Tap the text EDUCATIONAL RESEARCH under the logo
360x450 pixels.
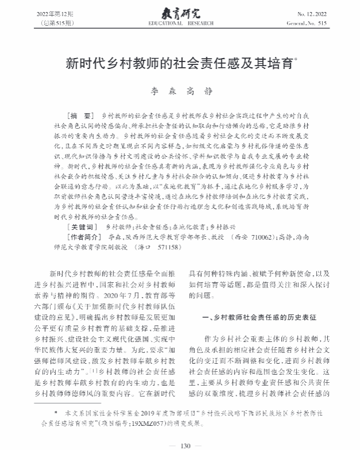click(x=179, y=22)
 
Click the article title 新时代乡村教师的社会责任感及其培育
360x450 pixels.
click(x=178, y=61)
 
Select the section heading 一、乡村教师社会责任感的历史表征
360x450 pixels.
click(x=259, y=317)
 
